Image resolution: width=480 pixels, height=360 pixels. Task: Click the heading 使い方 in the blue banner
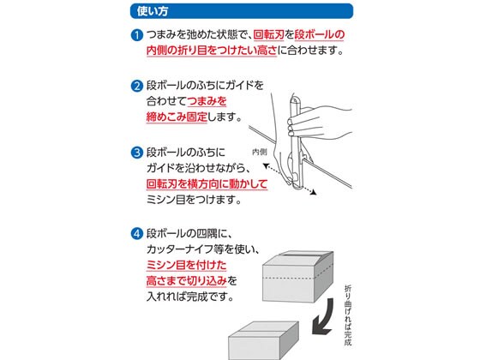(153, 11)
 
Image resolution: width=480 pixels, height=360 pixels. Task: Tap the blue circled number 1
(137, 35)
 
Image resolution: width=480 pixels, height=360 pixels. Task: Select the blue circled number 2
(137, 86)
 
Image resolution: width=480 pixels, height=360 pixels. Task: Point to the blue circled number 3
(137, 153)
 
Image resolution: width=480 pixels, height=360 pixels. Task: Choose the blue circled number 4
(137, 234)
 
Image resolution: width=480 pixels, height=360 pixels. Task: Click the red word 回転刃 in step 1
(269, 34)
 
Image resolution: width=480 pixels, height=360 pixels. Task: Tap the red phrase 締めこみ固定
(177, 117)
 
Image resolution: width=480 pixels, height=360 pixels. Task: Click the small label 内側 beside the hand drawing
(259, 152)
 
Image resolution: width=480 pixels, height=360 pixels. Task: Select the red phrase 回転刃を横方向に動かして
(207, 183)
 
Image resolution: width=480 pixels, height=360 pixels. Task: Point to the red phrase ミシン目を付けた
(187, 265)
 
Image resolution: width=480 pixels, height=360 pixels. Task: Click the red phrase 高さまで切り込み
(187, 281)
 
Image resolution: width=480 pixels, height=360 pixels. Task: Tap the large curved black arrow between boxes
(325, 318)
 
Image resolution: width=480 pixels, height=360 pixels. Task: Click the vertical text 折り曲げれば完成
(348, 315)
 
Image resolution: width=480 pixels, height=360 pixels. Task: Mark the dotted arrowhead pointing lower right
(314, 193)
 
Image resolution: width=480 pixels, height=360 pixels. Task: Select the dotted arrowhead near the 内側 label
(266, 166)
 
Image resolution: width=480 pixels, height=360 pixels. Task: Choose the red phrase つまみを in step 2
(207, 101)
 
